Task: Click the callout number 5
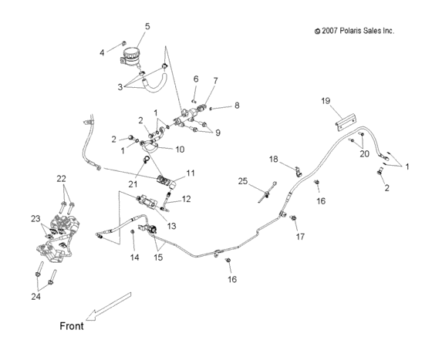pyautogui.click(x=147, y=26)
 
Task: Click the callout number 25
pyautogui.click(x=242, y=182)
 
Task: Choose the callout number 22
pyautogui.click(x=61, y=179)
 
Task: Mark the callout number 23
pyautogui.click(x=35, y=218)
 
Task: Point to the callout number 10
pyautogui.click(x=179, y=150)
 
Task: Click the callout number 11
pyautogui.click(x=191, y=175)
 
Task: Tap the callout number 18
pyautogui.click(x=273, y=158)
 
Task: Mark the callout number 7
pyautogui.click(x=215, y=81)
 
